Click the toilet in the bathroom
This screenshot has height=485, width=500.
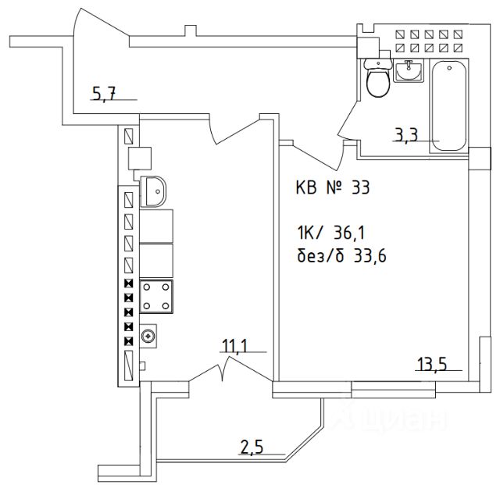coord(380,79)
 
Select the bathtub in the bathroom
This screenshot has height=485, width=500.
coord(449,105)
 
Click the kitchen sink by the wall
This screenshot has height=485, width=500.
coord(154,190)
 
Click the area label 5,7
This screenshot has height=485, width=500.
coord(104,95)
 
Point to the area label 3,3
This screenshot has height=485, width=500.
coord(405,135)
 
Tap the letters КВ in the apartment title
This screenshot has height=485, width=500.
coord(306,188)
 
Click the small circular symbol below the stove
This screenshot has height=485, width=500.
coord(148,337)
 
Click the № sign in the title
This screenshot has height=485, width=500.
coord(333,188)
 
